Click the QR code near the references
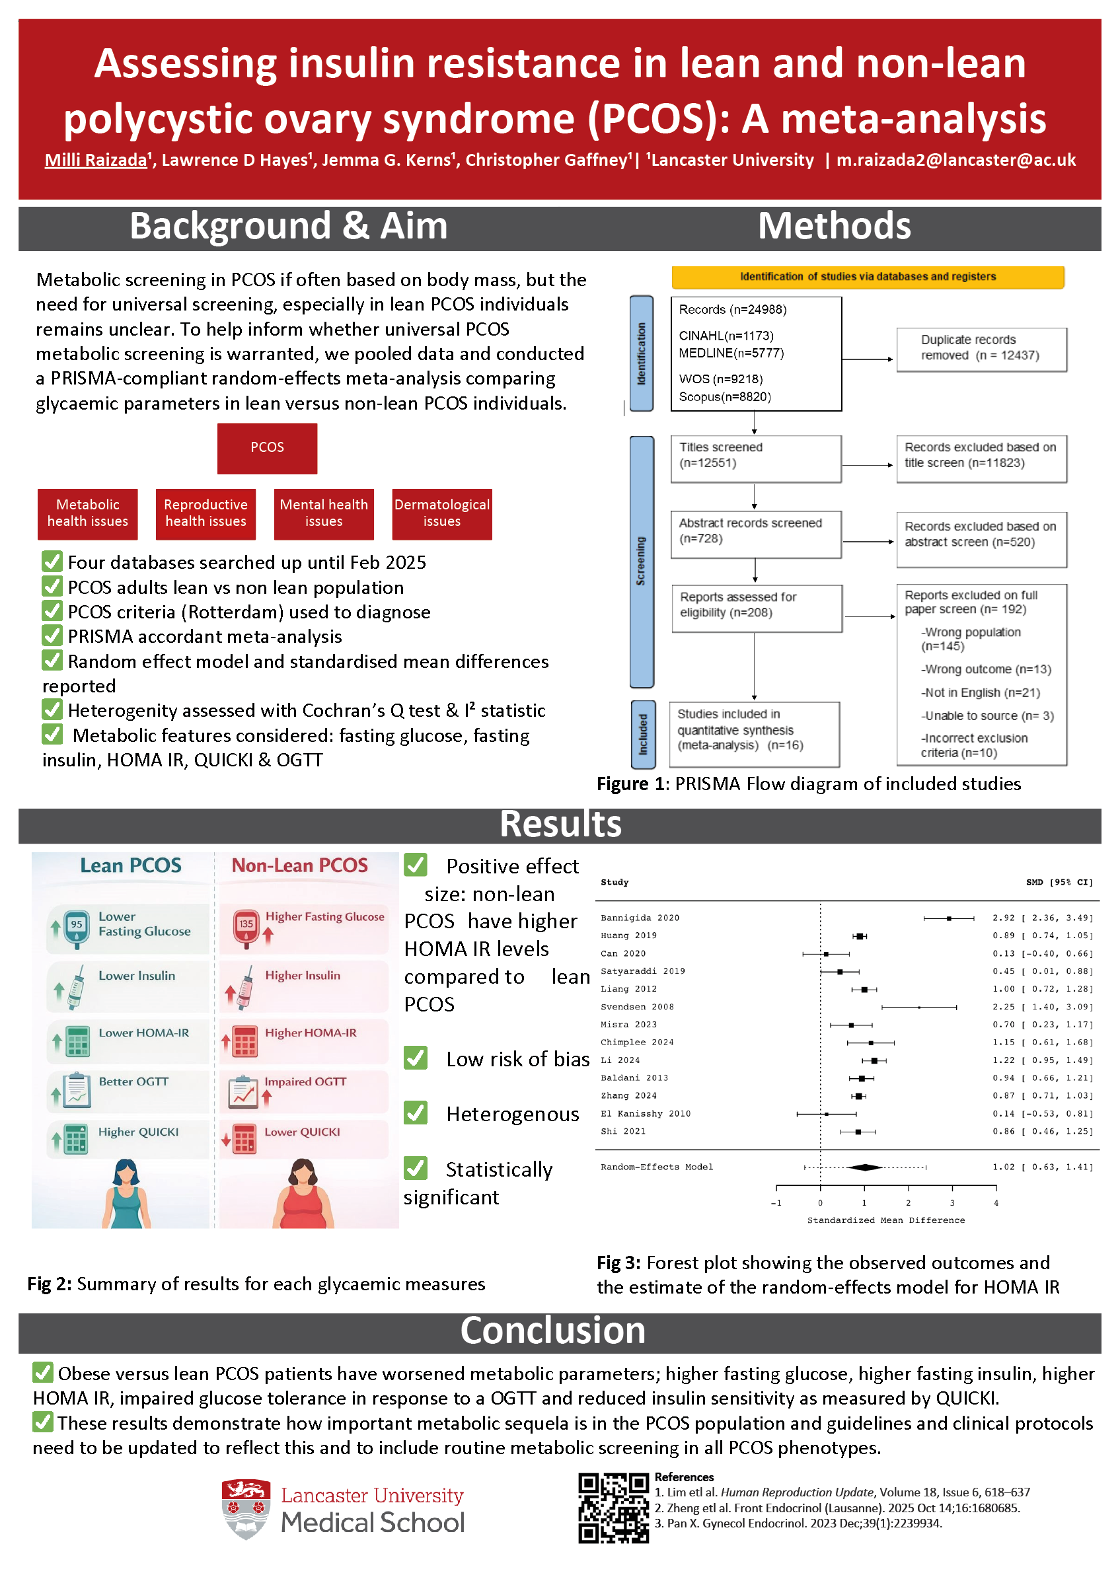tap(613, 1508)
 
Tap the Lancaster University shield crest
tap(245, 1509)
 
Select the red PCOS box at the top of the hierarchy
tap(267, 448)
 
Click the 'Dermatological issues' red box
tap(441, 514)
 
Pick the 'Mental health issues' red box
tap(324, 514)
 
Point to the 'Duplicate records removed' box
tap(981, 349)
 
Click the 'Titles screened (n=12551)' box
tap(755, 458)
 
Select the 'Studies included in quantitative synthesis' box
tap(754, 734)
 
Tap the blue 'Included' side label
tap(642, 734)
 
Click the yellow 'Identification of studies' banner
tap(868, 277)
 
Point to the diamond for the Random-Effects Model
tap(864, 1167)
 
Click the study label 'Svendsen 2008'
tap(636, 1007)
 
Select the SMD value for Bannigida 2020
tap(1042, 918)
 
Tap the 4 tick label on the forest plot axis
tap(996, 1203)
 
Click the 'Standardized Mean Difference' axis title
tap(885, 1220)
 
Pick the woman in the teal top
tap(126, 1194)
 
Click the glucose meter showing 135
tap(246, 927)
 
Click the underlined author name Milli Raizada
tap(96, 161)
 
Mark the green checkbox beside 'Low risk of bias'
tap(415, 1058)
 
